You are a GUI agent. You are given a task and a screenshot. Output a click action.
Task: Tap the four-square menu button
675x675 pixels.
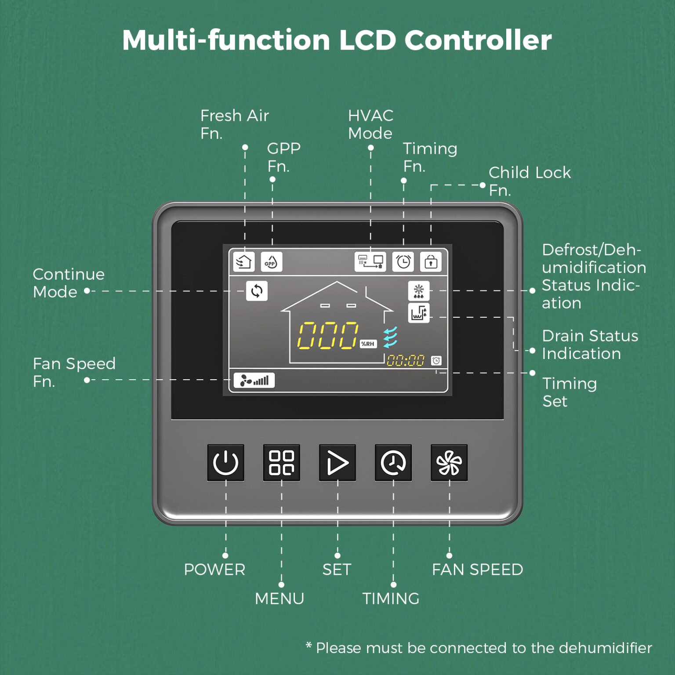point(281,463)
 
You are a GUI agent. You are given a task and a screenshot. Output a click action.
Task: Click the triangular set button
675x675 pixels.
point(337,463)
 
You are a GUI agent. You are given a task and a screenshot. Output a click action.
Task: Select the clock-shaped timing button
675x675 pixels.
point(393,463)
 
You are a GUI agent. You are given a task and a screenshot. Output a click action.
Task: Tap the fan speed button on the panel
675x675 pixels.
point(449,463)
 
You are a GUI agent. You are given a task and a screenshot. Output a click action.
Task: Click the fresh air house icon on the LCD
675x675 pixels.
point(243,262)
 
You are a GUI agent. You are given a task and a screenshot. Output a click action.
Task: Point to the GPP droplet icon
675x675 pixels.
point(271,262)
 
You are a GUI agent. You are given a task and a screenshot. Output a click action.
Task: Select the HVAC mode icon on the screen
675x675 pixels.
point(370,262)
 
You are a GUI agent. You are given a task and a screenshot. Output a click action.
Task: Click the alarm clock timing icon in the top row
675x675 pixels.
point(403,262)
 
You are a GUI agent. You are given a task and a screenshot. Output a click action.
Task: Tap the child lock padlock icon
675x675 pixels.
point(431,262)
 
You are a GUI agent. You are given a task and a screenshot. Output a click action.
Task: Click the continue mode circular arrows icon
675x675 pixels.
point(257,291)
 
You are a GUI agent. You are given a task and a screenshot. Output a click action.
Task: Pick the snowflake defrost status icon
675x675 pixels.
point(418,291)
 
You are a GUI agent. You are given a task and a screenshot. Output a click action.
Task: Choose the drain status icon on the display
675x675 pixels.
point(418,313)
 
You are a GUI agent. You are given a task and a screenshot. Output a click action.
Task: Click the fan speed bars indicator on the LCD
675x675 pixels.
point(254,380)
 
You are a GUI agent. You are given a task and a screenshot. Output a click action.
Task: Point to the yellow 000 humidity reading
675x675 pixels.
point(328,336)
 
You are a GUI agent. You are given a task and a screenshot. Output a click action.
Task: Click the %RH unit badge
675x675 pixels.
point(368,344)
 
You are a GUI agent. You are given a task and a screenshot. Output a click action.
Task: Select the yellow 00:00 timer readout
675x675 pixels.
point(405,361)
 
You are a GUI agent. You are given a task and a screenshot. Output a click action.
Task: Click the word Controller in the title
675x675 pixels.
point(478,40)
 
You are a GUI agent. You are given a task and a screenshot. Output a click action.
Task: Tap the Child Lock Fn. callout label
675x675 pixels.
point(529,181)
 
